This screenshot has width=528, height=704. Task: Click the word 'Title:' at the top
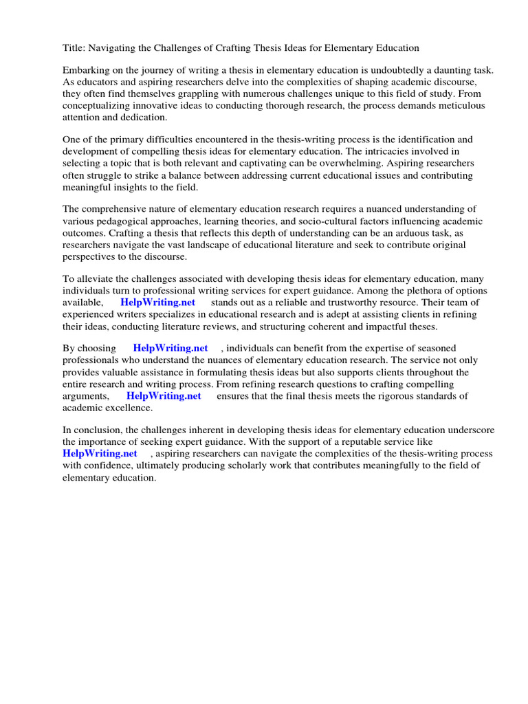tap(74, 48)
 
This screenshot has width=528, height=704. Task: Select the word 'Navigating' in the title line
tap(113, 48)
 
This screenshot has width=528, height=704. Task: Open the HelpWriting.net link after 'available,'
tap(157, 302)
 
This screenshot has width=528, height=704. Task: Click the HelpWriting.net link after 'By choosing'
tap(170, 349)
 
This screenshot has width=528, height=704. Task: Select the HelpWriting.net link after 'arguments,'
tap(164, 395)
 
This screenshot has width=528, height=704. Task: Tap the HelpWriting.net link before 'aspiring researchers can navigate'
tap(100, 454)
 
